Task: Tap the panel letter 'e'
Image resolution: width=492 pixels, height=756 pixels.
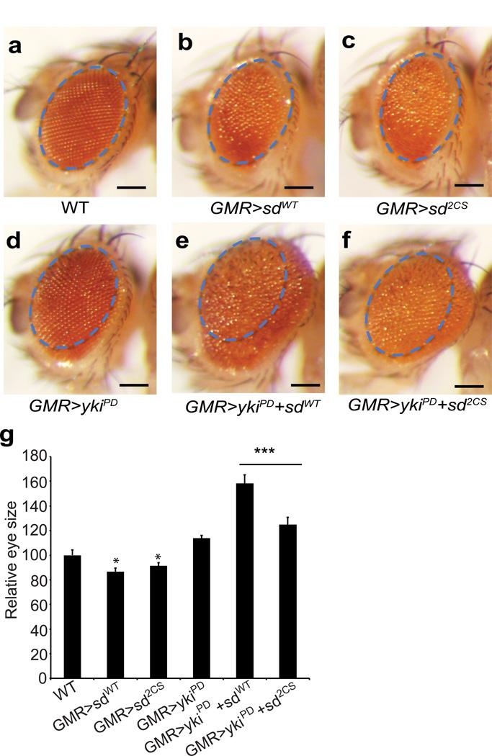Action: [x=189, y=243]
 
